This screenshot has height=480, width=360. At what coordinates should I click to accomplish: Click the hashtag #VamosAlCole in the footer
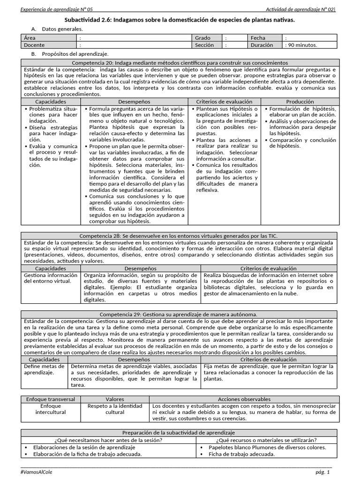pyautogui.click(x=37, y=472)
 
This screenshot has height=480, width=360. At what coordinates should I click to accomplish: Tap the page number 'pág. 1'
pyautogui.click(x=322, y=472)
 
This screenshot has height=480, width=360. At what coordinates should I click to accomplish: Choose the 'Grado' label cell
pyautogui.click(x=202, y=38)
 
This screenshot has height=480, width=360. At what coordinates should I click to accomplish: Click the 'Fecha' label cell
pyautogui.click(x=258, y=38)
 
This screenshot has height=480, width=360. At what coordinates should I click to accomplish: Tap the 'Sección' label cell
pyautogui.click(x=204, y=45)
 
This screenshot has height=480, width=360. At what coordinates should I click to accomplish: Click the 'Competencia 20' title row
pyautogui.click(x=180, y=62)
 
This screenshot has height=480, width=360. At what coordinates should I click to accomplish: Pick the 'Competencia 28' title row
pyautogui.click(x=180, y=235)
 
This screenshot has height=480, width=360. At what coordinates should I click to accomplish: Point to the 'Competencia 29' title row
pyautogui.click(x=180, y=314)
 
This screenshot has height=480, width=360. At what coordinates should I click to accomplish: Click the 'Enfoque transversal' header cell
pyautogui.click(x=51, y=399)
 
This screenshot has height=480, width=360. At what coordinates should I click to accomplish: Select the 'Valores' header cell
pyautogui.click(x=115, y=399)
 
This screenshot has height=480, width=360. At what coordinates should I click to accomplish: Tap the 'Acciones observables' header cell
pyautogui.click(x=244, y=399)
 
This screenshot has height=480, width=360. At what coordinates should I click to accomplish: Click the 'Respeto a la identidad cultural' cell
pyautogui.click(x=115, y=409)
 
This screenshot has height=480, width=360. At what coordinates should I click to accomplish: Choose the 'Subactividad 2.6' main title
pyautogui.click(x=180, y=20)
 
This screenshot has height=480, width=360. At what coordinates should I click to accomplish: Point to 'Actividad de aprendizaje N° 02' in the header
pyautogui.click(x=300, y=9)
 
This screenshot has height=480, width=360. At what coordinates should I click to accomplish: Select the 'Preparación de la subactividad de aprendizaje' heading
pyautogui.click(x=180, y=433)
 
